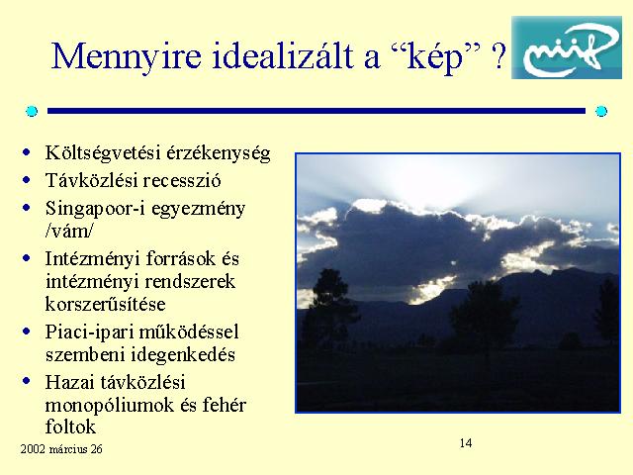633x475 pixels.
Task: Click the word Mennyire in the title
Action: [127, 56]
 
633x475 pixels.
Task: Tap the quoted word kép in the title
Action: [437, 57]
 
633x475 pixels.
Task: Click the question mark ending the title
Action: [499, 55]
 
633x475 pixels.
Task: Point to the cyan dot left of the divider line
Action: [32, 111]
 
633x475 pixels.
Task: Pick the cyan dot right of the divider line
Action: [601, 111]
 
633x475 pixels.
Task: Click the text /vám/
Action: [69, 231]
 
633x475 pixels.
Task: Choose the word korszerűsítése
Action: [106, 304]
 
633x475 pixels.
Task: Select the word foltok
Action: [70, 427]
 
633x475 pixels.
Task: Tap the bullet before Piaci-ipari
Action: [27, 332]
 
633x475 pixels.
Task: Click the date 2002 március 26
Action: [61, 449]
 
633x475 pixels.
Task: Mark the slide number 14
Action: [466, 443]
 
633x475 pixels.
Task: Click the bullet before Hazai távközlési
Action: [27, 381]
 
